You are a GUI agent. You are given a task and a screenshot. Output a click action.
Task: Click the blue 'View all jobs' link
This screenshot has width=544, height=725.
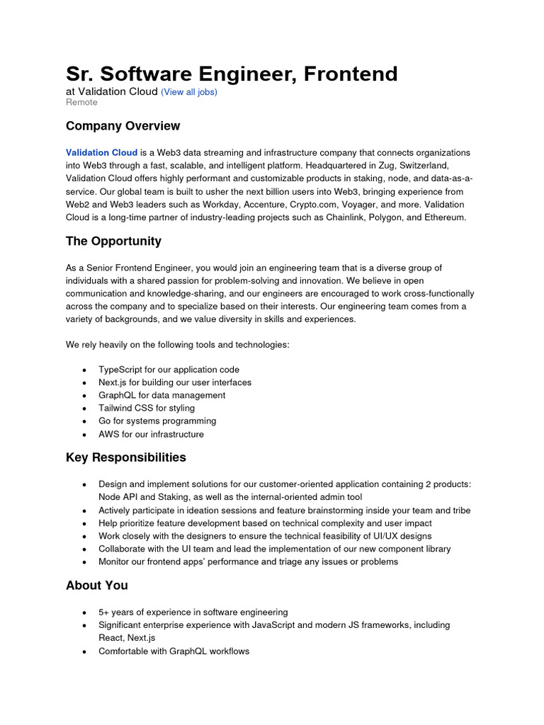pos(189,92)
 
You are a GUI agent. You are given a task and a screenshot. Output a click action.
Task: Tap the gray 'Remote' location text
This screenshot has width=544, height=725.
pos(81,102)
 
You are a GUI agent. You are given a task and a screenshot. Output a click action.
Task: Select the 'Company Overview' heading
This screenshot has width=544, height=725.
pos(123,126)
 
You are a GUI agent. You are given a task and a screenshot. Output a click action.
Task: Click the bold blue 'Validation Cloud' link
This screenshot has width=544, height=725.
pos(101,153)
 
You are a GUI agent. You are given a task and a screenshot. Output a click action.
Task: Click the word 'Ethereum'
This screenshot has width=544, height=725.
pos(443,217)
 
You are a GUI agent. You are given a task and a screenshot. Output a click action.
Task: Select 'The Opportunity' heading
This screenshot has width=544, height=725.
pos(113,241)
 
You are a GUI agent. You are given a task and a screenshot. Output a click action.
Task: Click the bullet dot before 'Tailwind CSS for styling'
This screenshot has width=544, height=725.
pos(85,409)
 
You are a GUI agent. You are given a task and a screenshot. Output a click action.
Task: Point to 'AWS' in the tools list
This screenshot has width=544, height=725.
pos(109,434)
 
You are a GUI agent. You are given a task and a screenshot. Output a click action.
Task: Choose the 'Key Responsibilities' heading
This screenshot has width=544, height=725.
pos(126,457)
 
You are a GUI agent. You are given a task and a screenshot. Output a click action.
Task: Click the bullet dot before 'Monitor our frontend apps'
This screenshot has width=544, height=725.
pos(85,562)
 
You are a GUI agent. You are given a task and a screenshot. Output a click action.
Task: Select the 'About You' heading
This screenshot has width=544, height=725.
pos(97,586)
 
